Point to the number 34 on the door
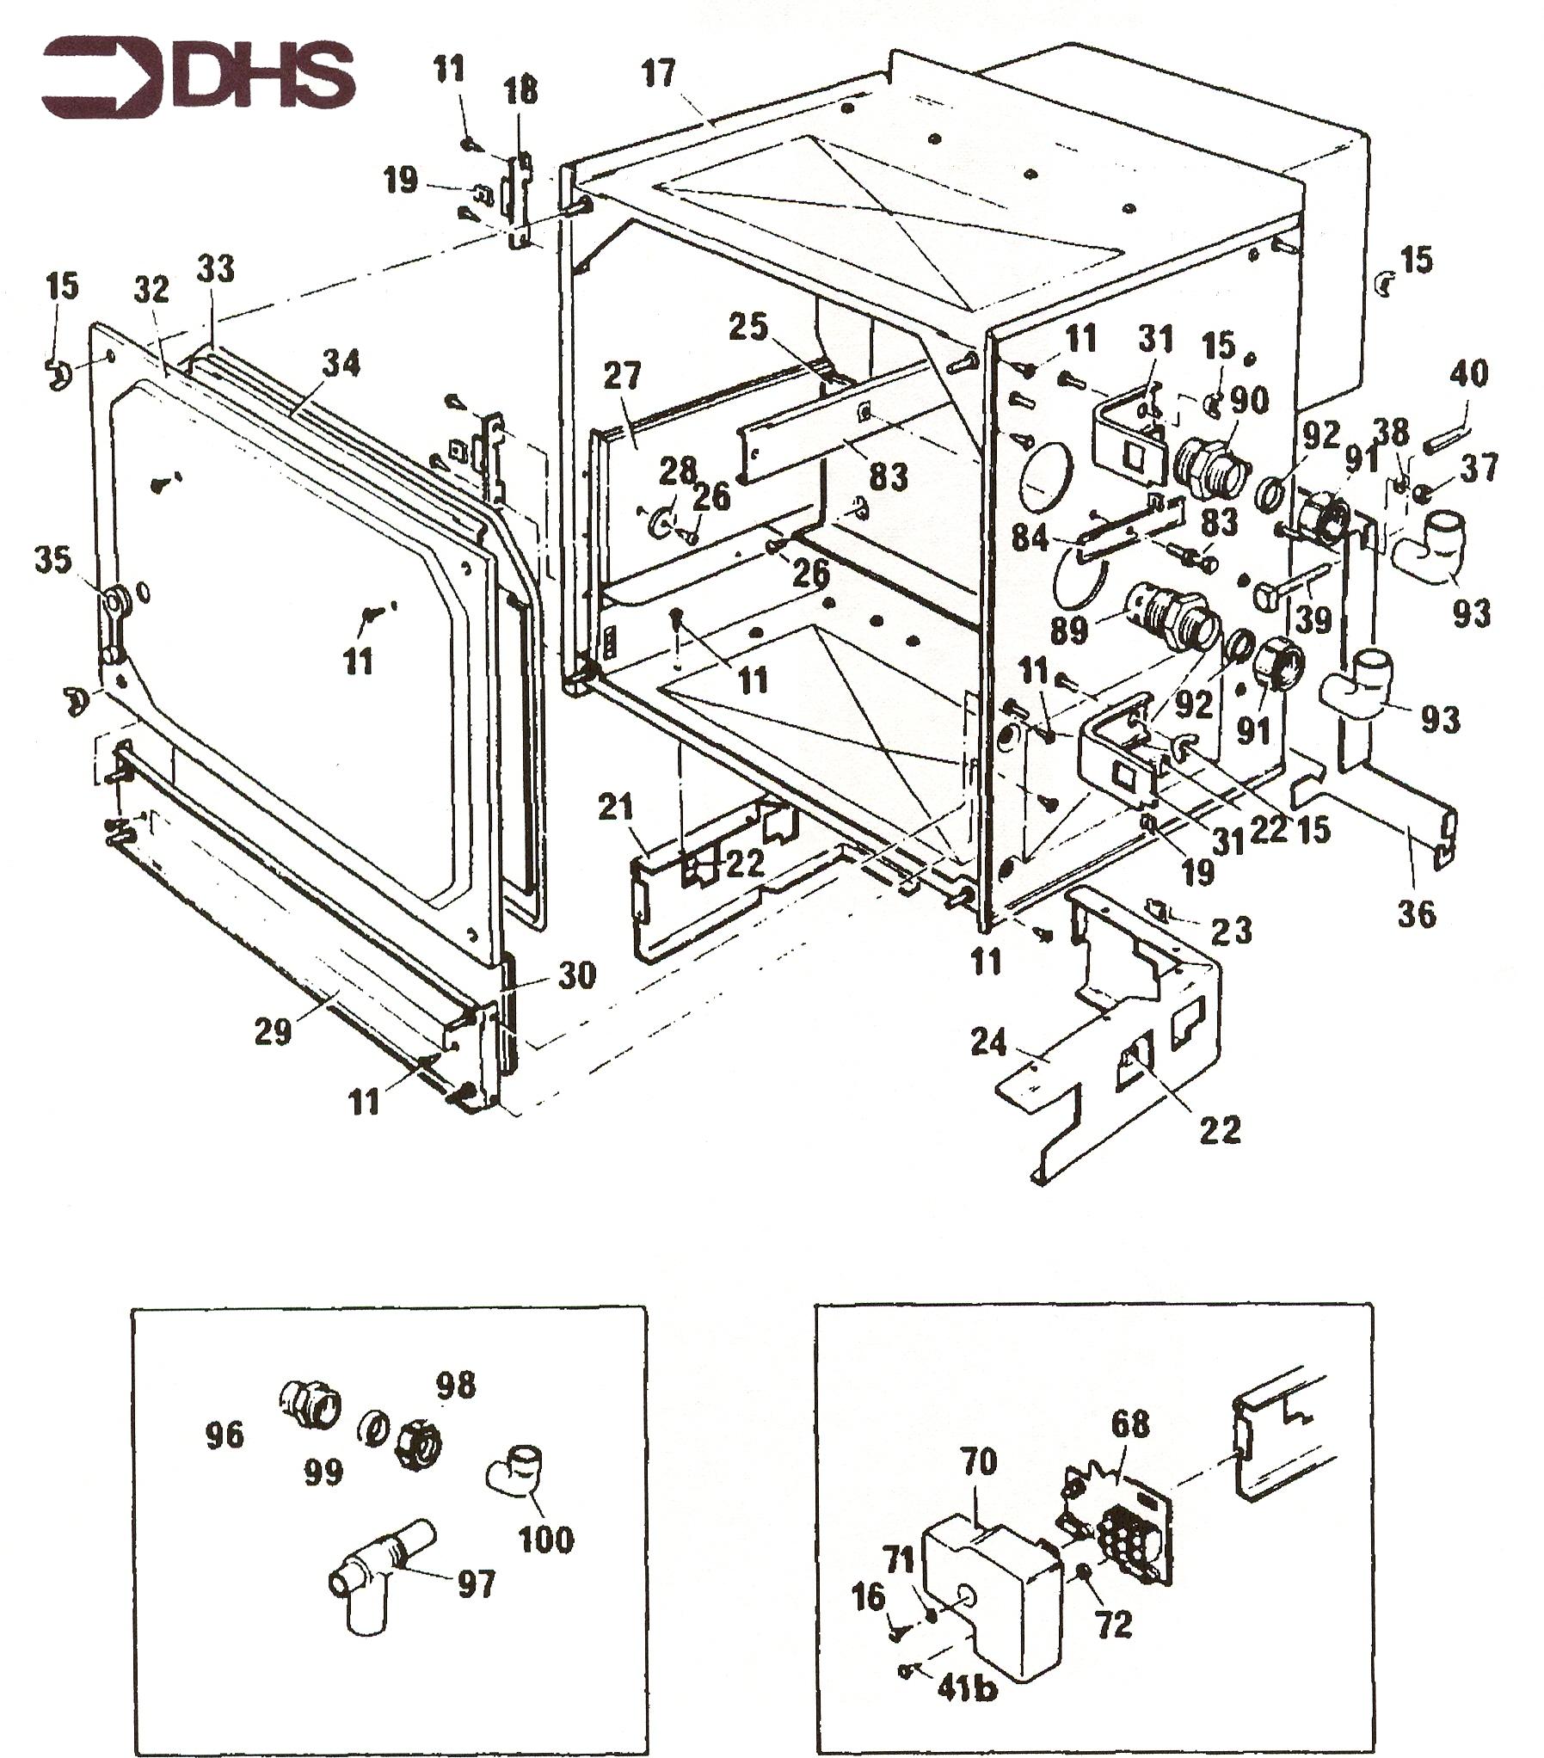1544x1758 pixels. click(341, 365)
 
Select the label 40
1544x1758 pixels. click(1468, 375)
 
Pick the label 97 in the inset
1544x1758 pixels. click(477, 1583)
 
